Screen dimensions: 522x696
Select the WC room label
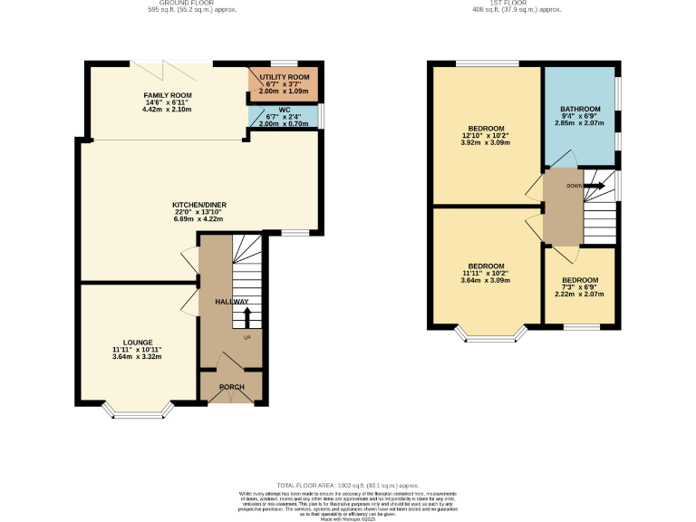pos(284,110)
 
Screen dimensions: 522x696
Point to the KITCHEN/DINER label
pos(198,205)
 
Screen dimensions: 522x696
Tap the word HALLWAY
pos(231,302)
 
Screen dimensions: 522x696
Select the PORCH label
pos(231,387)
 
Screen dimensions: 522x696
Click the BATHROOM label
pos(579,109)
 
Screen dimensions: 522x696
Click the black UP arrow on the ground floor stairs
pos(247,317)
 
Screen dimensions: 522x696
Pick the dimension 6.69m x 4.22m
pos(198,219)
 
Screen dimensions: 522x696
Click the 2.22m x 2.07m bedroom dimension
pos(579,295)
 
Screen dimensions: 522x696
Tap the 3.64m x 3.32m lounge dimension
pos(137,357)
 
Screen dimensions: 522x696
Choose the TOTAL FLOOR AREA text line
pos(348,486)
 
